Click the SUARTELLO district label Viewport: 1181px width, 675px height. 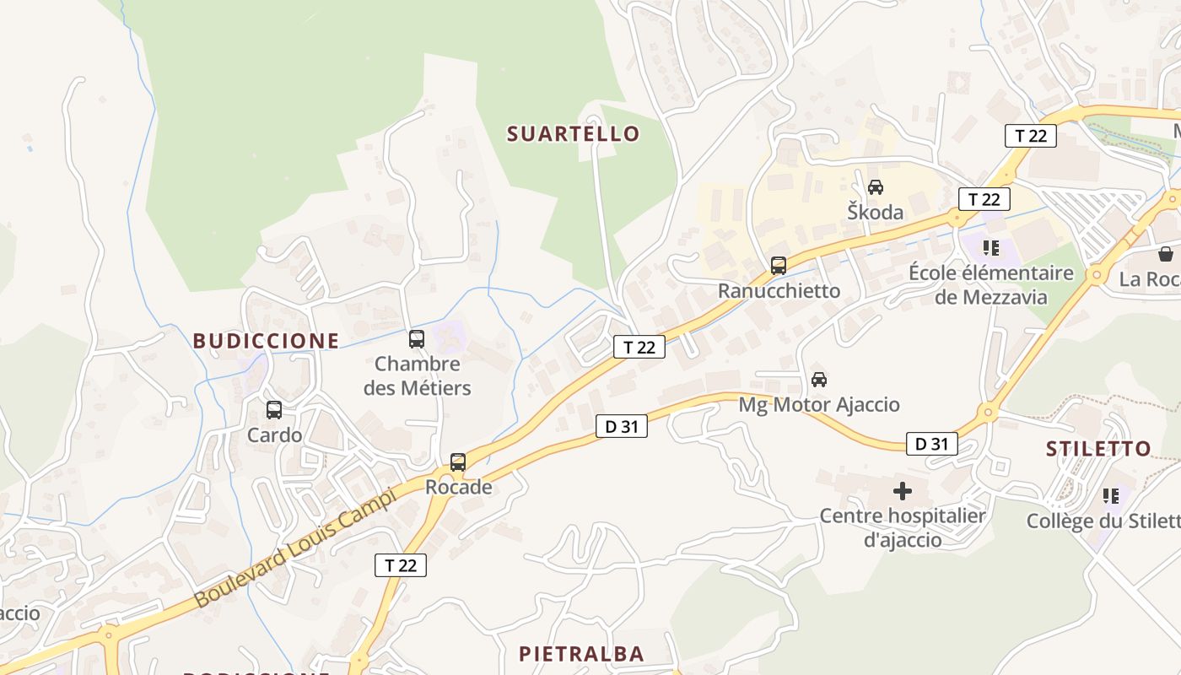574,133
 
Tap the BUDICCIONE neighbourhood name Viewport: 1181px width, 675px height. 266,341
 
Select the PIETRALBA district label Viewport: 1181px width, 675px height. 581,654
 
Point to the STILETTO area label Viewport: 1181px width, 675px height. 1098,449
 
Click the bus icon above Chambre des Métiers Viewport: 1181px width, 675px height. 417,339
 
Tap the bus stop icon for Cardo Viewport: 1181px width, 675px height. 274,410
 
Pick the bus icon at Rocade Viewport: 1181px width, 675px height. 458,462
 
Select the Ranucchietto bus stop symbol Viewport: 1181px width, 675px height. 779,266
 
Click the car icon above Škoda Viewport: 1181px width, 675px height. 876,187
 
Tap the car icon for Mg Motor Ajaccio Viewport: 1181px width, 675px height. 818,380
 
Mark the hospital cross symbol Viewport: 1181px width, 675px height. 903,490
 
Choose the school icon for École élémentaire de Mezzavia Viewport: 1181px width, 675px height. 991,248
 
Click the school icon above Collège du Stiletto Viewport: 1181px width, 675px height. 1111,496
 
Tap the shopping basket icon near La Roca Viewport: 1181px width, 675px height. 1166,254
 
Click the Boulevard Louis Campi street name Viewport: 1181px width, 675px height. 294,548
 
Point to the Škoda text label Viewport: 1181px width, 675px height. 876,212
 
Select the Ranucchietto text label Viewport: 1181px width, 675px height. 779,291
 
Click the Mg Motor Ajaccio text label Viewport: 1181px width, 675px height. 818,405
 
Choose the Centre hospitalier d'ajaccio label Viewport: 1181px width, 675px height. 903,527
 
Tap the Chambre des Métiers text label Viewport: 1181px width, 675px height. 417,376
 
